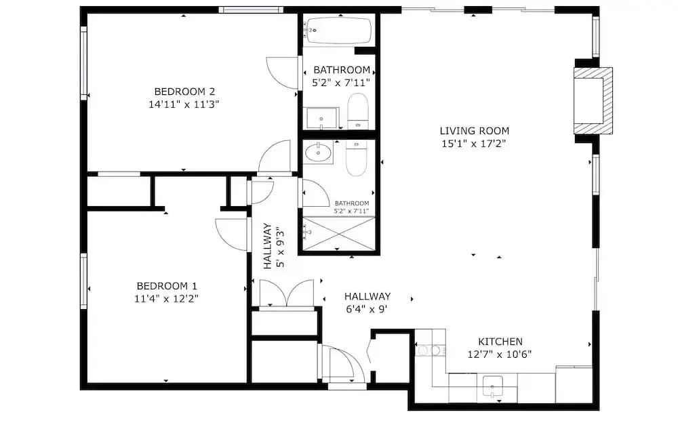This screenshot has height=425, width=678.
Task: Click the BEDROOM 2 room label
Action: click(184, 92)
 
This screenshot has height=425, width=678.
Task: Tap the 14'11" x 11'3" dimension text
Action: click(184, 104)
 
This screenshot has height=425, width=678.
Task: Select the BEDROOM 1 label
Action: click(167, 286)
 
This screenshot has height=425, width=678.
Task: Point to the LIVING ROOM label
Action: click(475, 131)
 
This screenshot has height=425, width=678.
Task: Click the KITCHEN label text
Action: click(500, 342)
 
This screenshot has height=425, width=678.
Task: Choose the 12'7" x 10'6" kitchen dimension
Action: click(500, 355)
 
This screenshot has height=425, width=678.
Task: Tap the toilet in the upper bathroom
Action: click(358, 110)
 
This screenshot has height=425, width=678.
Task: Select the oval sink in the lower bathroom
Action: click(318, 153)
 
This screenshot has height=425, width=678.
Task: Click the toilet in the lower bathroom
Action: click(357, 159)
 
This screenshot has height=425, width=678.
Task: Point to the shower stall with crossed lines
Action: click(338, 234)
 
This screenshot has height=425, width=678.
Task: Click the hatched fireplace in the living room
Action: click(593, 101)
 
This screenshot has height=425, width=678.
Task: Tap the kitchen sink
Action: click(492, 386)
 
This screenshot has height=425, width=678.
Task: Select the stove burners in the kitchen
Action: click(431, 350)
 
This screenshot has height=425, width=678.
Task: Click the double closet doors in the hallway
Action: click(286, 294)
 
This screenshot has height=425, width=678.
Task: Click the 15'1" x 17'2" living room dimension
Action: click(473, 144)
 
